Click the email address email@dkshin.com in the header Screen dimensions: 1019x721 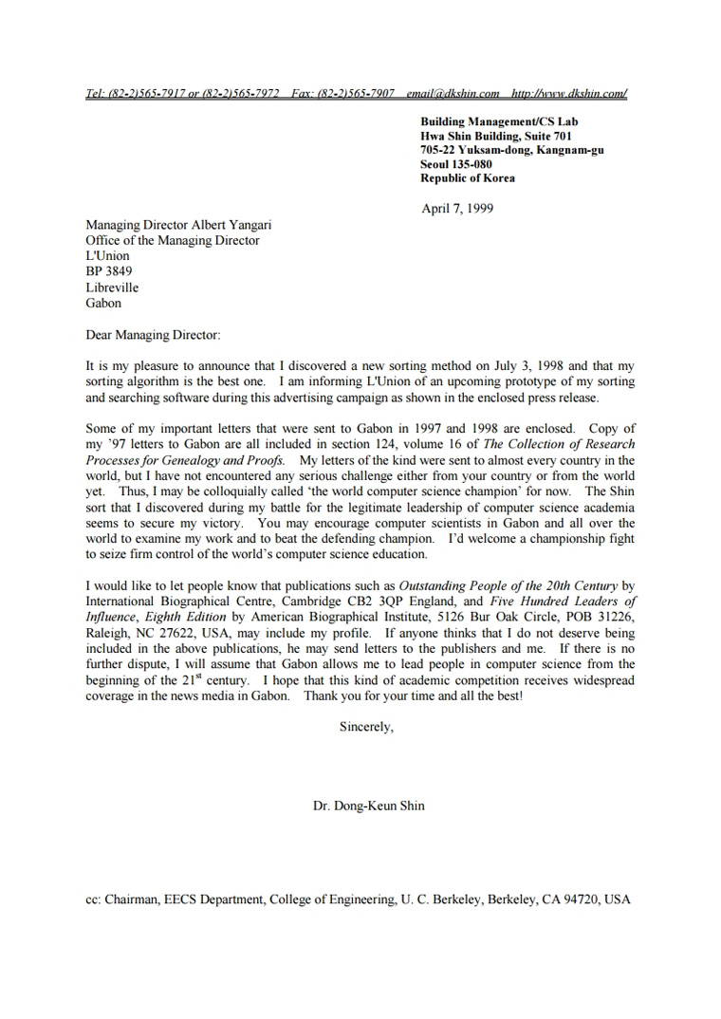coord(453,94)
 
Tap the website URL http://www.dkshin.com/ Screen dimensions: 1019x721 coord(569,94)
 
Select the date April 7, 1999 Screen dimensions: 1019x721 coord(457,209)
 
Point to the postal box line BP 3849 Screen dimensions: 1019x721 coord(109,271)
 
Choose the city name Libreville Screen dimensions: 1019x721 coord(112,287)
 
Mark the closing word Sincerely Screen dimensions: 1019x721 coord(366,729)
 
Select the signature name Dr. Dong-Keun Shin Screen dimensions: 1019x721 coord(369,806)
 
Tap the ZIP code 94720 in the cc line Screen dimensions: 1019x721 coord(581,899)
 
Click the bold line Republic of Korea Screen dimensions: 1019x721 coord(469,178)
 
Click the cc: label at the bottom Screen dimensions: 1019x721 coord(94,899)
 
